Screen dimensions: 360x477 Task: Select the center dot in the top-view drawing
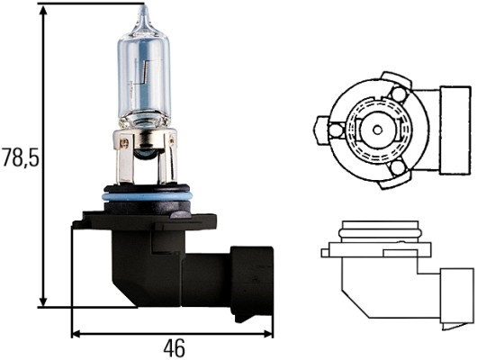[x=373, y=130]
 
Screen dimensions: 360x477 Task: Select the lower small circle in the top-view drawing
[x=397, y=167]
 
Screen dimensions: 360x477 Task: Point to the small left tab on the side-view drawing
[x=327, y=251]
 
